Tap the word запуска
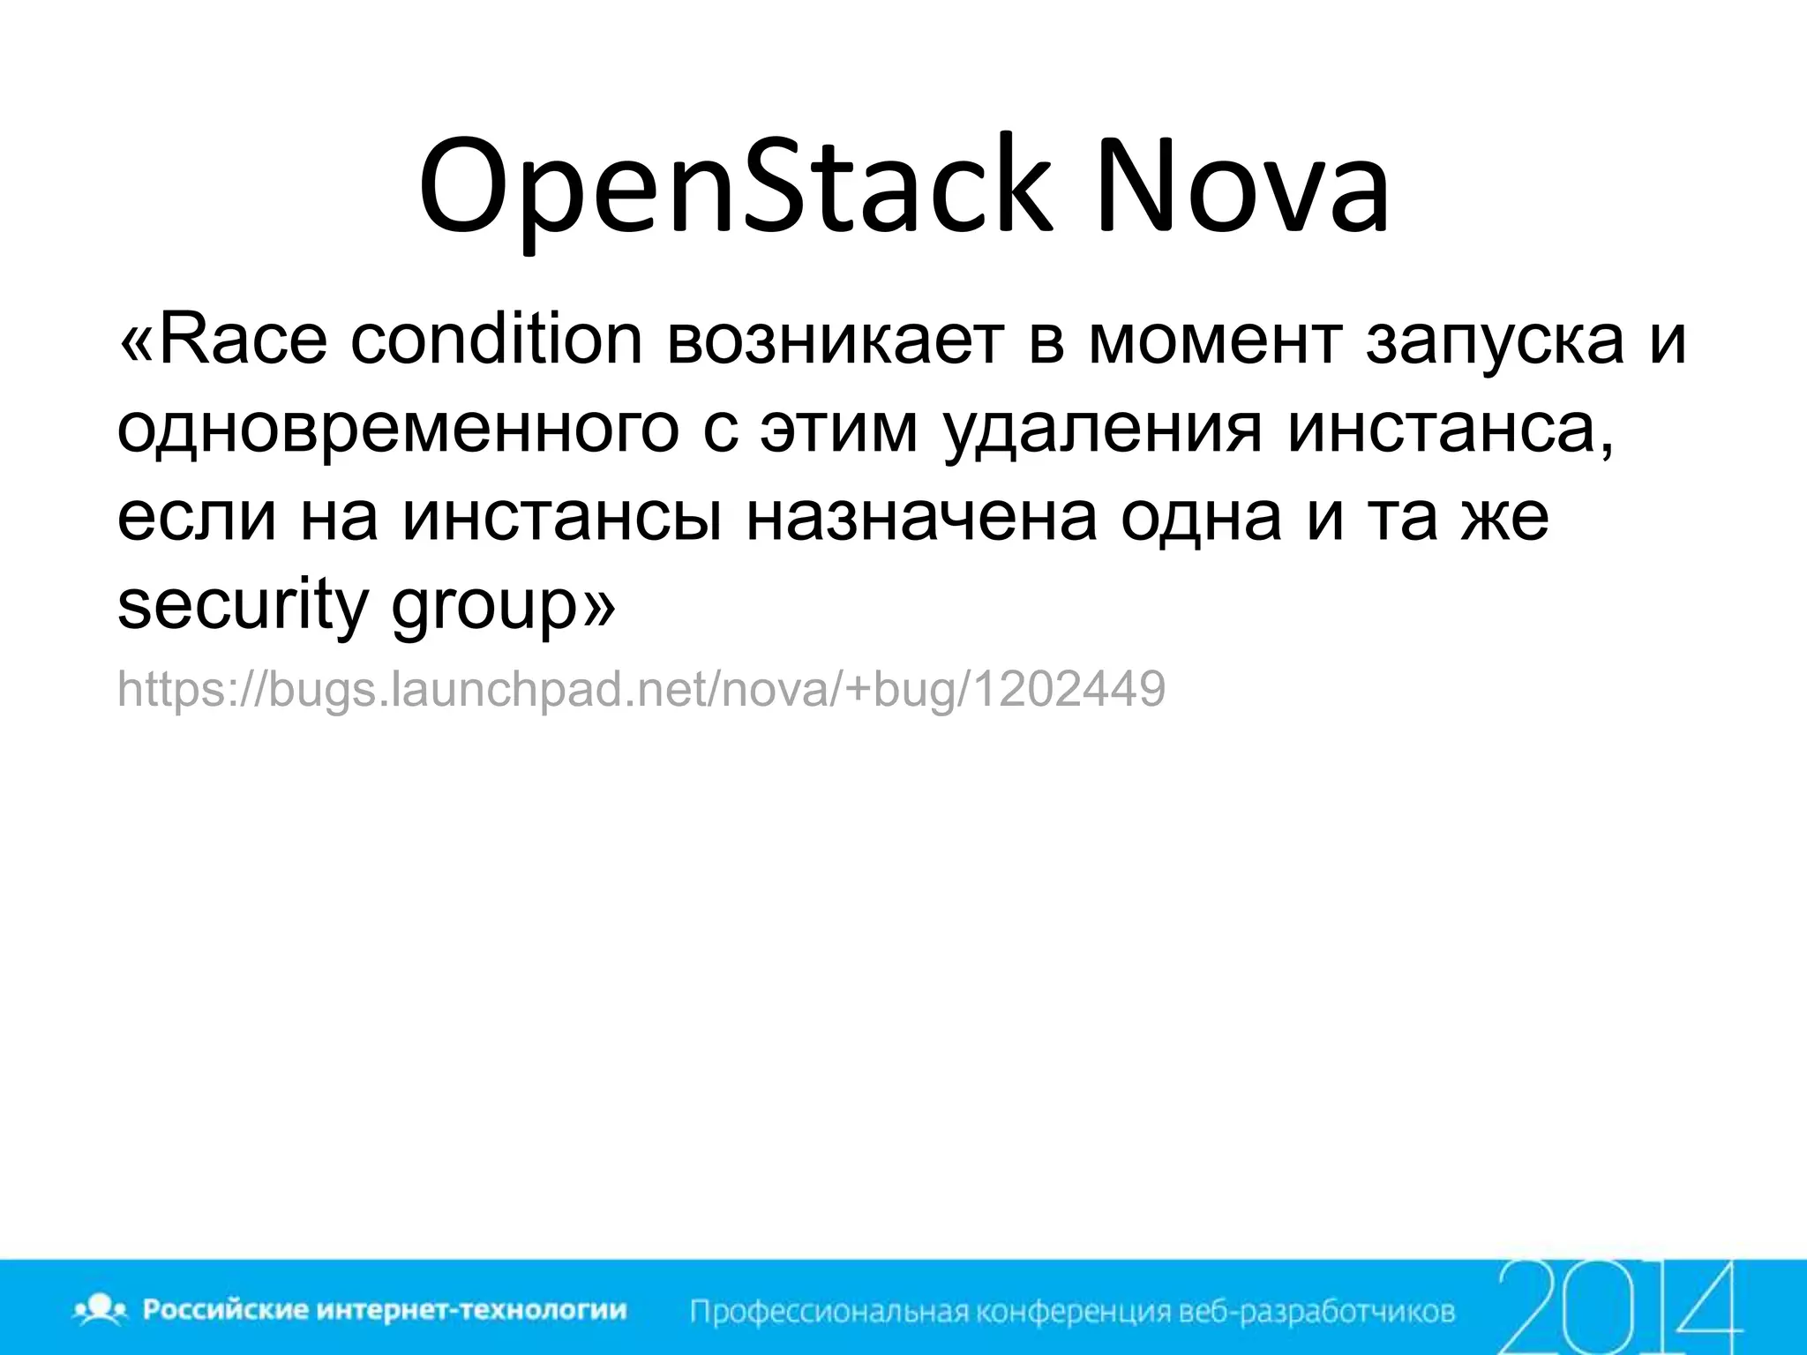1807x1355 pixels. click(1494, 341)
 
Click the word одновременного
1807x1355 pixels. click(398, 430)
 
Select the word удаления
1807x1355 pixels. click(1102, 430)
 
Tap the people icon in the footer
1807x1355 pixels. click(102, 1310)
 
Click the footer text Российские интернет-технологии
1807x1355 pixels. click(385, 1310)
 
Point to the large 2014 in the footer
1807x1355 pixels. click(1619, 1306)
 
